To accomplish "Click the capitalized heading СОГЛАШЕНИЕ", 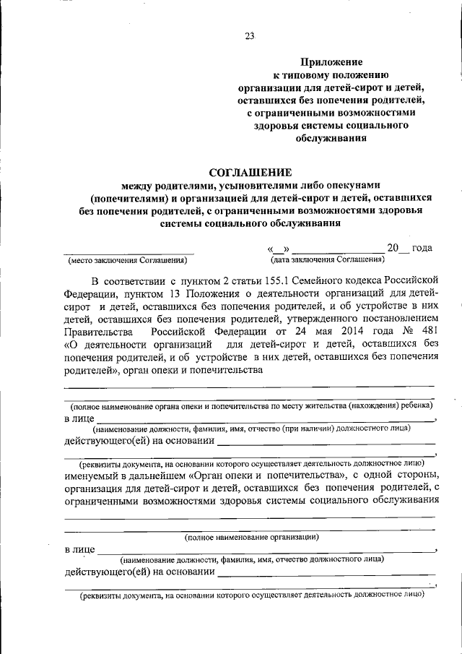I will tap(250, 172).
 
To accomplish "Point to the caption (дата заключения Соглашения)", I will tap(328, 259).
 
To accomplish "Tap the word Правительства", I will tap(97, 331).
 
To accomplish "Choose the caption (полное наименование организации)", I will tap(251, 537).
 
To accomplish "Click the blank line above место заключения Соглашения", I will tap(129, 251).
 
